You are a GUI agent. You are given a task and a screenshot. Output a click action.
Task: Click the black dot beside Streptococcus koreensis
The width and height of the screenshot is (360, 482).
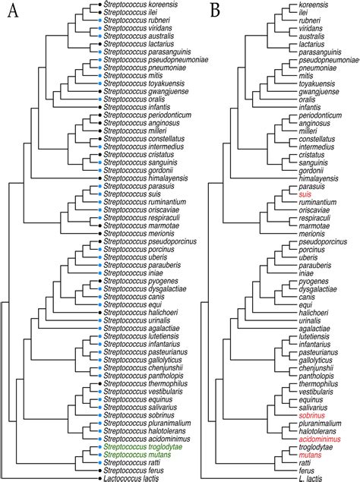(99, 5)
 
